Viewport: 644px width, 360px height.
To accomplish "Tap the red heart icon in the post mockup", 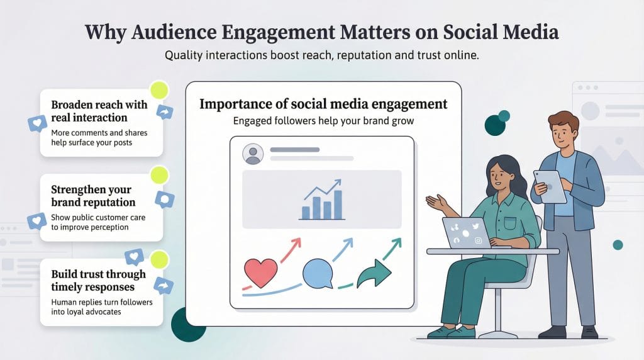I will pos(259,272).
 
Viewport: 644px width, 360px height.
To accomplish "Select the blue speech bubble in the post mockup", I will pos(318,273).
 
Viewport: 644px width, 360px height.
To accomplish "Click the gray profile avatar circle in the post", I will pos(253,154).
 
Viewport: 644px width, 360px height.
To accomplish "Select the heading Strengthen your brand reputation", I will pos(93,196).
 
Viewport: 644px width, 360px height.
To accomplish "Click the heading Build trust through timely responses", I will pos(98,280).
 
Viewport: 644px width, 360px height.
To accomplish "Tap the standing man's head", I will pos(562,129).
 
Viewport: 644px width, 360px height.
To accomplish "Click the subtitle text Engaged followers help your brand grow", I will pos(323,121).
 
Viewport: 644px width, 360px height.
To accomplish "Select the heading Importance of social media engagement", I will pos(323,104).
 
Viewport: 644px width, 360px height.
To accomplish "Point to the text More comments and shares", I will pos(94,133).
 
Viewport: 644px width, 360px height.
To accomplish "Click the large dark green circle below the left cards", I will pos(188,323).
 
